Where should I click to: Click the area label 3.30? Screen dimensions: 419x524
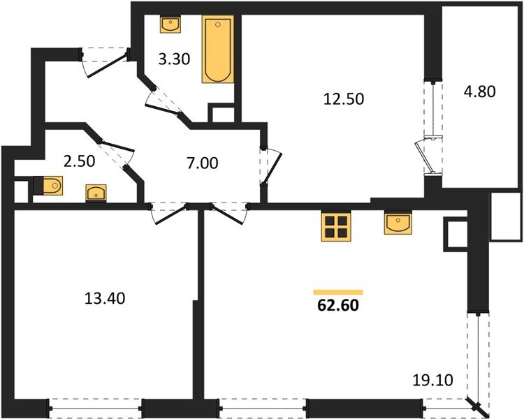(x=173, y=60)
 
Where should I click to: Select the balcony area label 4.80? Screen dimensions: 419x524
(x=479, y=91)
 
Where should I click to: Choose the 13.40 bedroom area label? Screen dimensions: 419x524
(x=102, y=299)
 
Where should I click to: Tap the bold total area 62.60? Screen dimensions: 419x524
(x=338, y=305)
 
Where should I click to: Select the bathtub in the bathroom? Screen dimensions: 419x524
(x=218, y=50)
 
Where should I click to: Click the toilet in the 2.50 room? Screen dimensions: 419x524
(x=48, y=186)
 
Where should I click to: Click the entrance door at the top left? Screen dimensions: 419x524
(x=105, y=59)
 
